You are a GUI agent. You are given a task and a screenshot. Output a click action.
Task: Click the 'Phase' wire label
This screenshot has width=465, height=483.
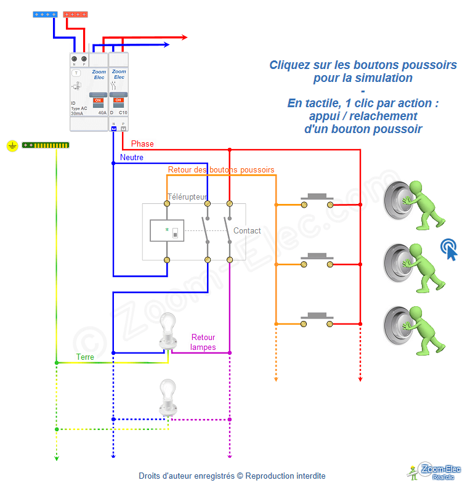142,144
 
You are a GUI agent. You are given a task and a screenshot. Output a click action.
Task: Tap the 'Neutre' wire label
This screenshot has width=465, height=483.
132,158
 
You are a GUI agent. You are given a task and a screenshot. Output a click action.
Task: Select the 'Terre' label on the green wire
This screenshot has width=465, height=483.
86,357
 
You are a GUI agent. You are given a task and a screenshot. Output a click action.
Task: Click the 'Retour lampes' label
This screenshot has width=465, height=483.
203,342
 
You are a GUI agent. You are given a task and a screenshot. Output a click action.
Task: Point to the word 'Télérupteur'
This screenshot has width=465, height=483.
188,197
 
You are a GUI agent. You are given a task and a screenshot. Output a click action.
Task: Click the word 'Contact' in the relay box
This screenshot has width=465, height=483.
247,230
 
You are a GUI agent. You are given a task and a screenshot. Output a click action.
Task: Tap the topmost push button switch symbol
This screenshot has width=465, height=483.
317,200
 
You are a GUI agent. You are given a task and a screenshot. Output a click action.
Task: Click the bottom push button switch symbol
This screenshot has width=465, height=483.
317,320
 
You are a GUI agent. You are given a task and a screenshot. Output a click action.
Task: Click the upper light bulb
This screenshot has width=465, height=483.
167,330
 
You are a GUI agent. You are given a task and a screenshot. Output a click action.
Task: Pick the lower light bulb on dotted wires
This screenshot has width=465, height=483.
167,396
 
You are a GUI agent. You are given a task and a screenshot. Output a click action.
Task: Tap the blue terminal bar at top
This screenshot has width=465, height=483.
46,14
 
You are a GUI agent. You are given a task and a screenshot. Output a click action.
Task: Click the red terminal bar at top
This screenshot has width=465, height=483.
76,14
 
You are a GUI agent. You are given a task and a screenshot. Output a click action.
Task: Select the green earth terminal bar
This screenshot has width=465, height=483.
46,145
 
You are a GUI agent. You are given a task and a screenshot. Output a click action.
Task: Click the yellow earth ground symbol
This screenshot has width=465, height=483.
12,145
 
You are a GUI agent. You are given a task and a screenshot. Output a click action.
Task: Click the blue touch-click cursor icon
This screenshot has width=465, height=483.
449,249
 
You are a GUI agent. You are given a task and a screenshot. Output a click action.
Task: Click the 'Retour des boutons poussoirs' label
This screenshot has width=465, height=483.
221,169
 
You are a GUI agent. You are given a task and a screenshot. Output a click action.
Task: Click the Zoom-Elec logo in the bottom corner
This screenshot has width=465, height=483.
435,471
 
